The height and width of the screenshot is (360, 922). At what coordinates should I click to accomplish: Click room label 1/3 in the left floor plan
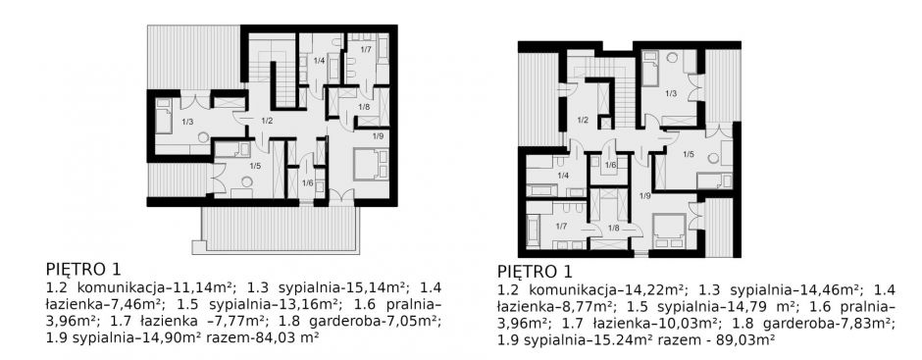(187, 122)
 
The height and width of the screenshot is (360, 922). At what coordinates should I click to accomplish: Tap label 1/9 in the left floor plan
(378, 136)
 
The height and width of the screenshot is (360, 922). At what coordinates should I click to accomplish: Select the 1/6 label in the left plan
(307, 182)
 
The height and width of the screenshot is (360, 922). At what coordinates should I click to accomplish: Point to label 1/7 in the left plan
(366, 48)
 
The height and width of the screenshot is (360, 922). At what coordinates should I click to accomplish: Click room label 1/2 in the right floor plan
(583, 121)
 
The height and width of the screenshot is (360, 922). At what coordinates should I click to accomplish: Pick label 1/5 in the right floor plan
(689, 154)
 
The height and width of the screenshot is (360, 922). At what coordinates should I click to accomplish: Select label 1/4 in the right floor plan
(563, 176)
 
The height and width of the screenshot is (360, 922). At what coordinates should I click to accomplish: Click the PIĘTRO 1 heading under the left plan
(83, 270)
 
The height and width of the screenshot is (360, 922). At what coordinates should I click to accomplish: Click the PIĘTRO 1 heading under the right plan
(535, 272)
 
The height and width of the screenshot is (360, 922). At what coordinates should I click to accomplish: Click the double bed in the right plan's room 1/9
(669, 230)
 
